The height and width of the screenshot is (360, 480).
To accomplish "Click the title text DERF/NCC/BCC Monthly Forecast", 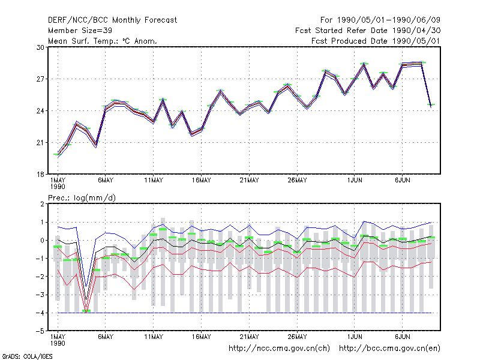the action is click(x=112, y=20).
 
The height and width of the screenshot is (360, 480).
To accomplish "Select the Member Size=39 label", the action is click(x=80, y=31).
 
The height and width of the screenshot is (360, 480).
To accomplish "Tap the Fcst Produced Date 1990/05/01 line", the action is click(x=376, y=41).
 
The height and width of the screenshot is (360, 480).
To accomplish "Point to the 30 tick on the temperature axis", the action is click(x=40, y=47).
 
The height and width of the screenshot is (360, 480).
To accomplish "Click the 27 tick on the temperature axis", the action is click(x=40, y=79).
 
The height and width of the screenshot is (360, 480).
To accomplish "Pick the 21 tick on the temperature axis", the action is click(x=40, y=143).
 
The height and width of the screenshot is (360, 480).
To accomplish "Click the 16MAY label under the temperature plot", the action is click(x=202, y=181).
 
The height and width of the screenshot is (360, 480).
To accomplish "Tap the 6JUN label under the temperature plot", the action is click(x=403, y=181).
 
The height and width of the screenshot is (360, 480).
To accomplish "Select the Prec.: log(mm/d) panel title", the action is click(x=82, y=198).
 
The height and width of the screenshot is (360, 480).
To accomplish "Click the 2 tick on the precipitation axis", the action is click(x=42, y=204).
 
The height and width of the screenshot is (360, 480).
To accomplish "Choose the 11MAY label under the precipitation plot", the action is click(x=154, y=337).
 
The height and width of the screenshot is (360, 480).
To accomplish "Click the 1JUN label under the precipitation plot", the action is click(x=355, y=337).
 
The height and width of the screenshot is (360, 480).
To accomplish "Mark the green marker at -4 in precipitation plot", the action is click(x=86, y=311).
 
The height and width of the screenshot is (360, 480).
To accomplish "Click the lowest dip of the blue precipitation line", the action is click(x=86, y=287).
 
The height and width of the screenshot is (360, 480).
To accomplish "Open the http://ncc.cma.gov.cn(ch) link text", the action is click(x=279, y=349).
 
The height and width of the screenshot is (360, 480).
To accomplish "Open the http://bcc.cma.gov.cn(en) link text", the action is click(x=389, y=349).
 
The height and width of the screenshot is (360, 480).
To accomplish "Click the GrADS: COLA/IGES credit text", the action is click(x=27, y=356).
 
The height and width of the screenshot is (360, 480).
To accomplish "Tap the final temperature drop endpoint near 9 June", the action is click(x=431, y=106).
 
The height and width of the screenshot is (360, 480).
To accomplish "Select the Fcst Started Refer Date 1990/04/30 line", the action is click(x=368, y=31).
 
